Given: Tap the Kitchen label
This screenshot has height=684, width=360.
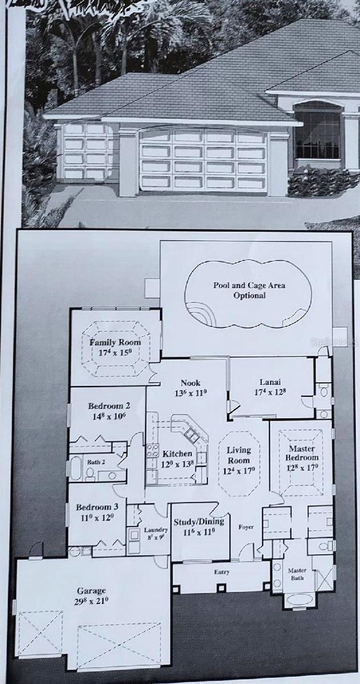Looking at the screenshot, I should [x=177, y=454].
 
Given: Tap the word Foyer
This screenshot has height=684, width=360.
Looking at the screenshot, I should [x=247, y=527].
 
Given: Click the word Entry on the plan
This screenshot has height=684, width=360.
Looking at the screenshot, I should [x=221, y=572].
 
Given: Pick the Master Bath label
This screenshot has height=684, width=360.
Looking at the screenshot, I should [x=297, y=573].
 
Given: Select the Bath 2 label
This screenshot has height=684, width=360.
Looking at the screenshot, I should [x=95, y=462].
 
